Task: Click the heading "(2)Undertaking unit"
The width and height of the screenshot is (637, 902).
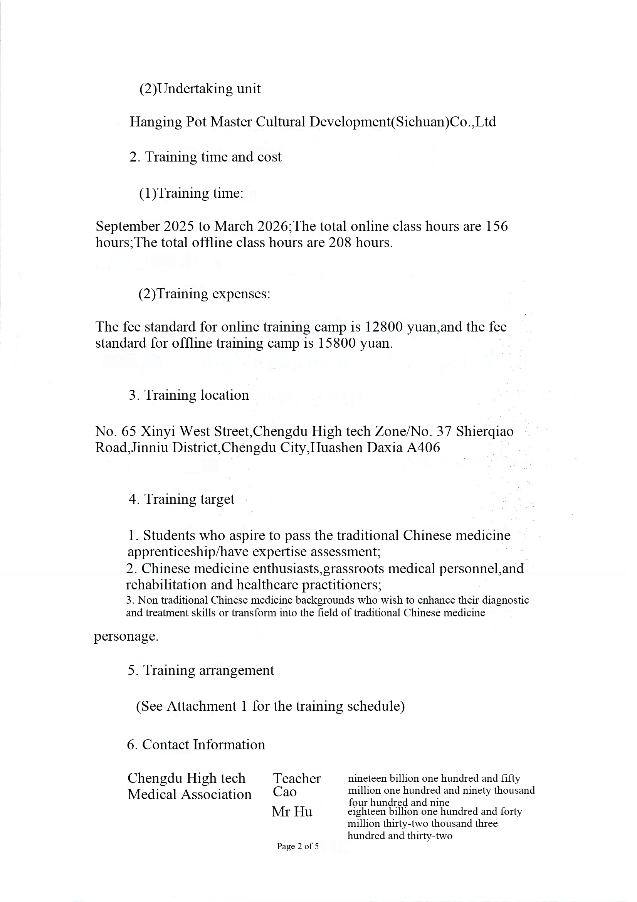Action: click(x=200, y=89)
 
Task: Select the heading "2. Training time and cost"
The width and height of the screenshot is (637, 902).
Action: click(x=205, y=157)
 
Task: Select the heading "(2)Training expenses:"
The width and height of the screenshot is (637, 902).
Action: click(x=204, y=294)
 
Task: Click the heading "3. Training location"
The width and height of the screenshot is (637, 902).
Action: click(x=189, y=395)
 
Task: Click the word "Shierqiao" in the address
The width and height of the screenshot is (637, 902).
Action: click(x=485, y=432)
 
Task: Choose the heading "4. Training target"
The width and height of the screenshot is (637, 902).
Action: click(x=182, y=499)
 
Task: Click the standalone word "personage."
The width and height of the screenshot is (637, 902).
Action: click(x=126, y=636)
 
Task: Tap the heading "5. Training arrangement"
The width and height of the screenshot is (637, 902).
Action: click(x=201, y=670)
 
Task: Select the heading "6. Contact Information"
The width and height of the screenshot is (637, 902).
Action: click(x=196, y=745)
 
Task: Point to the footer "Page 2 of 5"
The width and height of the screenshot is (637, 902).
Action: click(x=297, y=846)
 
